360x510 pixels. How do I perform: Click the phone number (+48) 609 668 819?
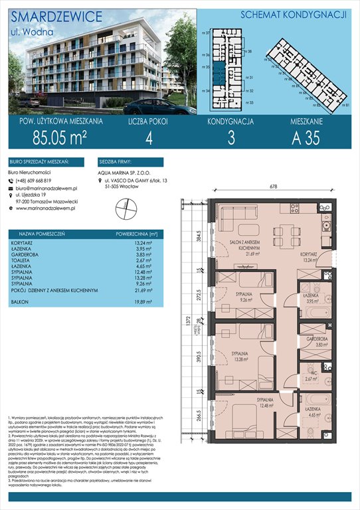pos(38,180)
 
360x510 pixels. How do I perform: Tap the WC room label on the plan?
pos(307,374)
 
